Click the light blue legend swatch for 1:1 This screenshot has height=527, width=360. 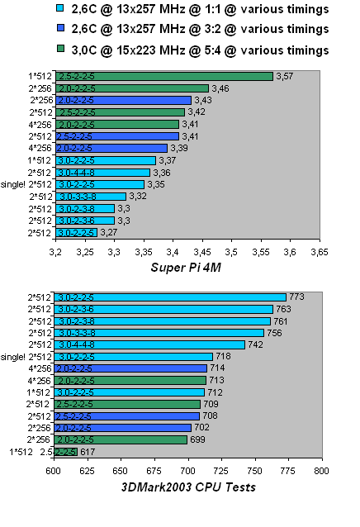[x=59, y=10]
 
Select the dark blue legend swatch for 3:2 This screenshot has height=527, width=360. [x=59, y=30]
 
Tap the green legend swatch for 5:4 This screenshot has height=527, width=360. [x=59, y=50]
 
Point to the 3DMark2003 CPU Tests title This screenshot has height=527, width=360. [x=188, y=487]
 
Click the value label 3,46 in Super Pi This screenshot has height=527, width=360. [x=220, y=88]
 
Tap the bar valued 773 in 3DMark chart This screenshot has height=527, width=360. [x=169, y=297]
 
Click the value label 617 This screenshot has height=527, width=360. [x=89, y=452]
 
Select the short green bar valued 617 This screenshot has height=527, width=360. [x=67, y=452]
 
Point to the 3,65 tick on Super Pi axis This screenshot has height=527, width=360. [x=320, y=250]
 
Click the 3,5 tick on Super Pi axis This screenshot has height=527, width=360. [x=231, y=250]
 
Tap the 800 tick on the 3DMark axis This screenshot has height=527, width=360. [x=320, y=470]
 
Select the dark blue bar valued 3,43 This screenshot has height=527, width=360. [x=123, y=100]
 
